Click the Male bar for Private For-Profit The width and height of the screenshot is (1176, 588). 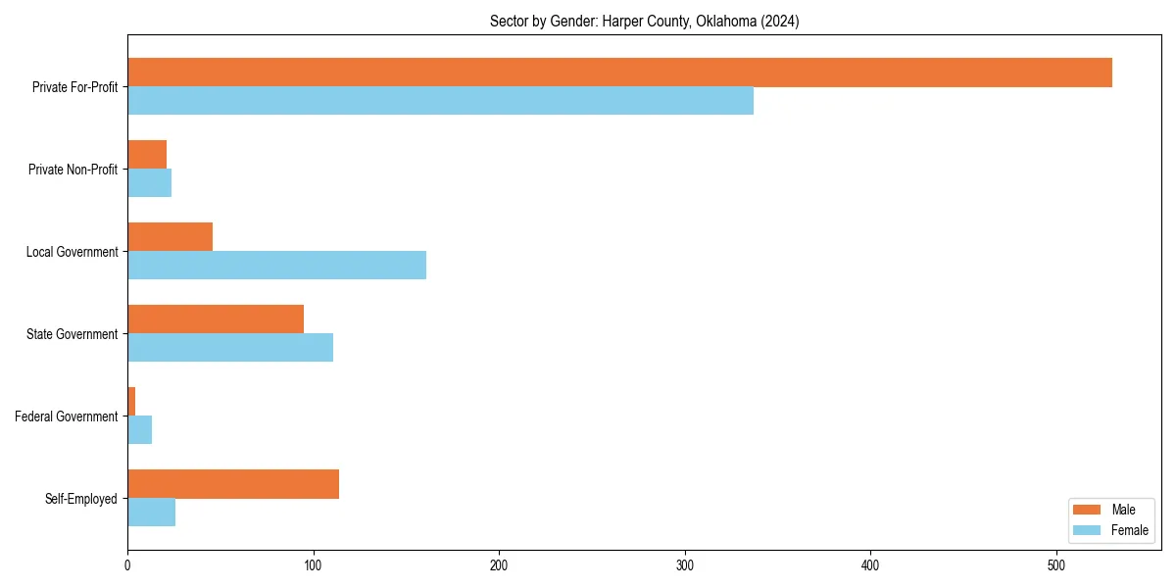[x=619, y=73]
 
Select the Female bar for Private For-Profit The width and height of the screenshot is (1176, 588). [x=440, y=101]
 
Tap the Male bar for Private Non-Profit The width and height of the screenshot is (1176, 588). [x=147, y=155]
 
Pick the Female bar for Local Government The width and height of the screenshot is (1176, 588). [x=276, y=266]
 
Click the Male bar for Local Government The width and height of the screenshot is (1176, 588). [x=170, y=237]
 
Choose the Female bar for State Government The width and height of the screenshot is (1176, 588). [x=230, y=348]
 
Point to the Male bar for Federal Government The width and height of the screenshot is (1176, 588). [x=131, y=402]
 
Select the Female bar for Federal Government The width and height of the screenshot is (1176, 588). [x=139, y=430]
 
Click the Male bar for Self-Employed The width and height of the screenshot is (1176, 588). [x=233, y=484]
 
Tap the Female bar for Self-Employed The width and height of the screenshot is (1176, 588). [x=151, y=513]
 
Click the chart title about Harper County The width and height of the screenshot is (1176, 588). [x=644, y=22]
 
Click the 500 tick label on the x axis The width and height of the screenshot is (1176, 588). [x=1056, y=565]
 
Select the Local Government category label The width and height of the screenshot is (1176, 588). [x=72, y=252]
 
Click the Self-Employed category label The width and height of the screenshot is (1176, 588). [x=80, y=499]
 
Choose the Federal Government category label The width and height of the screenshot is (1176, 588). [x=66, y=416]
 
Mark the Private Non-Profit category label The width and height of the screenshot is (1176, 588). [x=73, y=170]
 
